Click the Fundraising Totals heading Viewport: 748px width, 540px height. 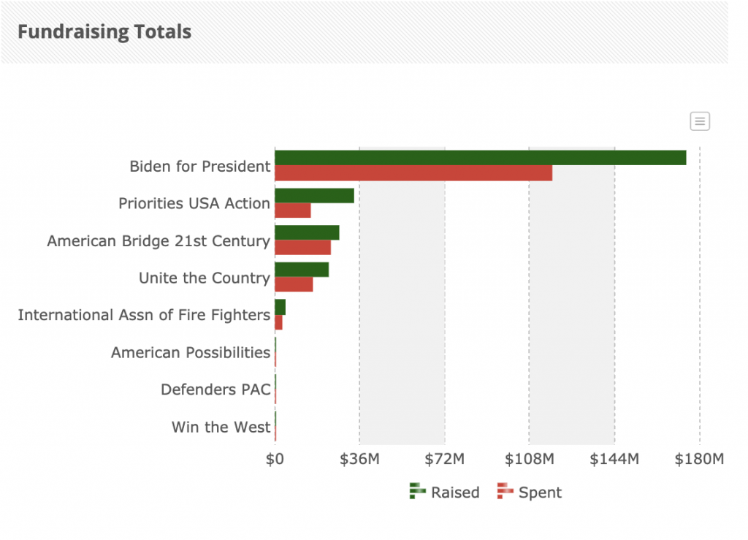[x=104, y=32]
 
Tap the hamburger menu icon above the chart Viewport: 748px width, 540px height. [x=700, y=121]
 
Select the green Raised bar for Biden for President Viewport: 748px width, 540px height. [x=480, y=158]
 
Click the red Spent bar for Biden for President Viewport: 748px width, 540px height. [x=413, y=173]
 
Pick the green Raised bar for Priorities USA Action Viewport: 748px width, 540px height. [x=314, y=196]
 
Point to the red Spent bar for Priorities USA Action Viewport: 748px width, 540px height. [x=293, y=210]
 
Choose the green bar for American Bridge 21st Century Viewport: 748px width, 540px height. [x=307, y=232]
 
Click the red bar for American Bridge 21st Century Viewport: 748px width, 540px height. [x=302, y=248]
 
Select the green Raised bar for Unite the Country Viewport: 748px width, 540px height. [x=302, y=270]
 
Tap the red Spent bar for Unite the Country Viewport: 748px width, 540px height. [x=294, y=285]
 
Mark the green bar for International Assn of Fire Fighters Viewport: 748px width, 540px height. [x=280, y=307]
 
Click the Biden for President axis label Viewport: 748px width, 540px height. [x=199, y=167]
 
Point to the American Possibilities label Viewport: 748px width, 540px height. [x=190, y=353]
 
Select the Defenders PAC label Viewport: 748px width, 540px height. [x=215, y=390]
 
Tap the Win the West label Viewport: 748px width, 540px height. [x=221, y=427]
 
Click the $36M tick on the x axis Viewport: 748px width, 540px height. [x=359, y=460]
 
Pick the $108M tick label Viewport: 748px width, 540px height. [x=530, y=460]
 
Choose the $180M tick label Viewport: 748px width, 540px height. [x=699, y=460]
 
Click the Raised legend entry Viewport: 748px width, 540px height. [x=446, y=493]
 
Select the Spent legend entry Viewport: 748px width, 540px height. [x=530, y=493]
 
